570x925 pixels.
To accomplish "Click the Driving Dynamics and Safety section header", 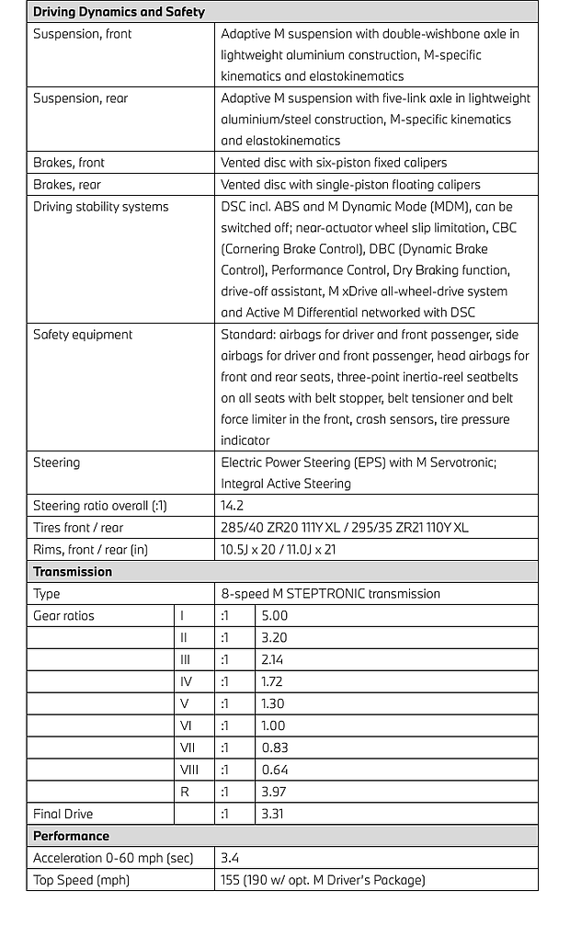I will click(119, 12).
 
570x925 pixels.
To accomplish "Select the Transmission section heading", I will click(73, 571).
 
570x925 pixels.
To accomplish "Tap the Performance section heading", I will click(71, 836).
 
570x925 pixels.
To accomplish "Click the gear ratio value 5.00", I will click(274, 615).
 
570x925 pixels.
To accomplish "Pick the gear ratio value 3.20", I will click(274, 637).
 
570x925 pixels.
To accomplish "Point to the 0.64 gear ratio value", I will click(274, 770).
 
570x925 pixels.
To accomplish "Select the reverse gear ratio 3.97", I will click(274, 792).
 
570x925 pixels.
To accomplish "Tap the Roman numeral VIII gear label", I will click(189, 770).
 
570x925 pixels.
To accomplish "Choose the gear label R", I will click(184, 792).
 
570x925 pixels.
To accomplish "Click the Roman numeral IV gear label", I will click(187, 681).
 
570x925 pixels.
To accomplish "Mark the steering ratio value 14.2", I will click(232, 505).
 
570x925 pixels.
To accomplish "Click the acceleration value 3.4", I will click(230, 858).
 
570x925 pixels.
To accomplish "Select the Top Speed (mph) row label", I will click(81, 880).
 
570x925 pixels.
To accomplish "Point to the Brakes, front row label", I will click(69, 162).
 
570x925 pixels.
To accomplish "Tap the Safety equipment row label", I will click(83, 335).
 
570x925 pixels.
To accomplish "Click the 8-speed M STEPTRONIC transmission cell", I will click(330, 593).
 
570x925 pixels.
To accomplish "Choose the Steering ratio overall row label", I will click(99, 505).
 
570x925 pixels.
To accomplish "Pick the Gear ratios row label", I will click(63, 615).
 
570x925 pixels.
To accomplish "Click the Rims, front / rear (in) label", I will click(90, 549).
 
